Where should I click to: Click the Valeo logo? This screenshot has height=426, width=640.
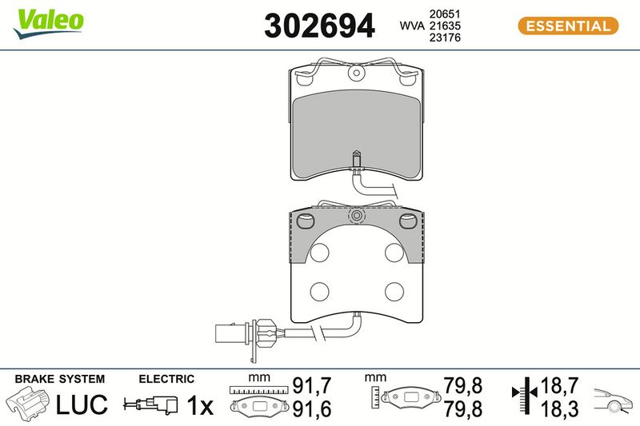pos(49,23)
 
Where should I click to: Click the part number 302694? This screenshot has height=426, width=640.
pos(319,26)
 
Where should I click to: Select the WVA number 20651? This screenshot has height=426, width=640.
pos(445,14)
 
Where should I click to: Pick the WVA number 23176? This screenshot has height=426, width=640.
pos(445,38)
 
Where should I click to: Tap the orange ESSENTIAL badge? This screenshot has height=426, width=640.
pos(568,26)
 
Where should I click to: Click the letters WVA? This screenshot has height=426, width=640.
pos(412,26)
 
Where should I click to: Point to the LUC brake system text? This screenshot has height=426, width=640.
pos(82,404)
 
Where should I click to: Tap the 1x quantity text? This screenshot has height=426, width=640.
pos(199,405)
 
